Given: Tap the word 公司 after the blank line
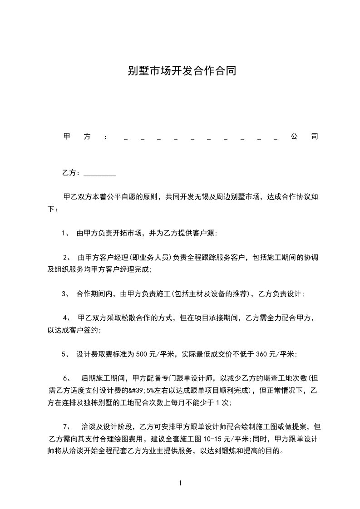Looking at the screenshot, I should pos(304,137).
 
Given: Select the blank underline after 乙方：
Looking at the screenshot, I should pos(100,174).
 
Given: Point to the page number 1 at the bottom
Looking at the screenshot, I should pos(180,483).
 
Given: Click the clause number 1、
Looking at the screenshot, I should pos(66,234).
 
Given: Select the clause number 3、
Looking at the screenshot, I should pos(66,294).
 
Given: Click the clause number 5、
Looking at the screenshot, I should pos(66,354).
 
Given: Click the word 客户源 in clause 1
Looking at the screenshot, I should pos(206,234).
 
